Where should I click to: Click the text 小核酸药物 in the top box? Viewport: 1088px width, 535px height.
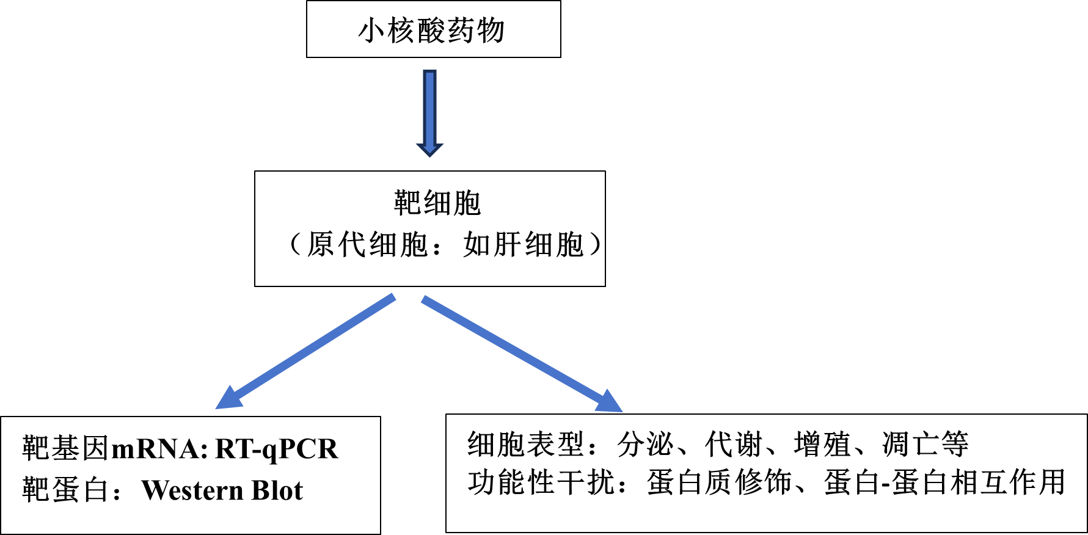432,31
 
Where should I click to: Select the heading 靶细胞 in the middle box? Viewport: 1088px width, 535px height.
437,203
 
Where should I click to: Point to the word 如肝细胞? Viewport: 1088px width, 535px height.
524,245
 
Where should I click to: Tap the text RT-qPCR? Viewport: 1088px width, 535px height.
277,449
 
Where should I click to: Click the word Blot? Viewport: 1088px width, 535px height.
277,490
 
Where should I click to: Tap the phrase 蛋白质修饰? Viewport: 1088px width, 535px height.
719,482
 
